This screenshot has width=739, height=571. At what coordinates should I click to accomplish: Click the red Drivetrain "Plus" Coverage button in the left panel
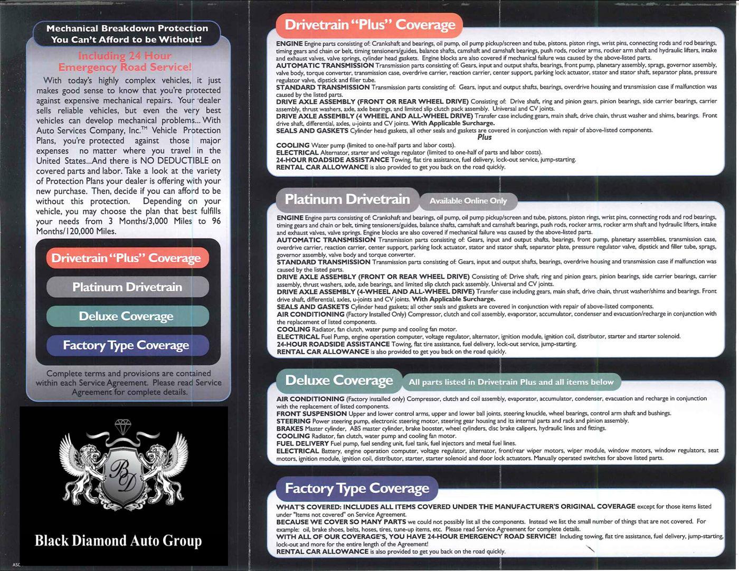point(127,258)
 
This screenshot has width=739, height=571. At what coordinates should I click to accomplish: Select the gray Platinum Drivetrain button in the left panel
point(127,287)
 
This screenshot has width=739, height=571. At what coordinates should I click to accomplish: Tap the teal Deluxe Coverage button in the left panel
point(127,316)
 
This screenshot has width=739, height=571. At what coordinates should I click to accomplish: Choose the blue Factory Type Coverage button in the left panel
point(127,345)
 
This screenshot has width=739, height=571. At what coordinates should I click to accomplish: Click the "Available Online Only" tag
point(468,201)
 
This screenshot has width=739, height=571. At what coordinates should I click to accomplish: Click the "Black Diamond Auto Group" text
point(118,541)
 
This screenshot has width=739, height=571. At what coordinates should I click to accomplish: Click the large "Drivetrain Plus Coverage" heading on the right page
point(369,25)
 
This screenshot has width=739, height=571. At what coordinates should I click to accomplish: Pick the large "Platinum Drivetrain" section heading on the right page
point(347,199)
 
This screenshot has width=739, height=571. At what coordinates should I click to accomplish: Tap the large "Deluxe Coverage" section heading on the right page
point(338,380)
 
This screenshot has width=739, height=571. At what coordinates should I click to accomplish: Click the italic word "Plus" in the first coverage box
point(484,137)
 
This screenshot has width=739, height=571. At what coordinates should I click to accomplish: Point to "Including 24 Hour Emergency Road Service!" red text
point(125,61)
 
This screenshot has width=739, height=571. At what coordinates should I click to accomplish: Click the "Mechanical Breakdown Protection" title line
point(127,28)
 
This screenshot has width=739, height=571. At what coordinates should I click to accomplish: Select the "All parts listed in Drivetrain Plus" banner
point(510,382)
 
